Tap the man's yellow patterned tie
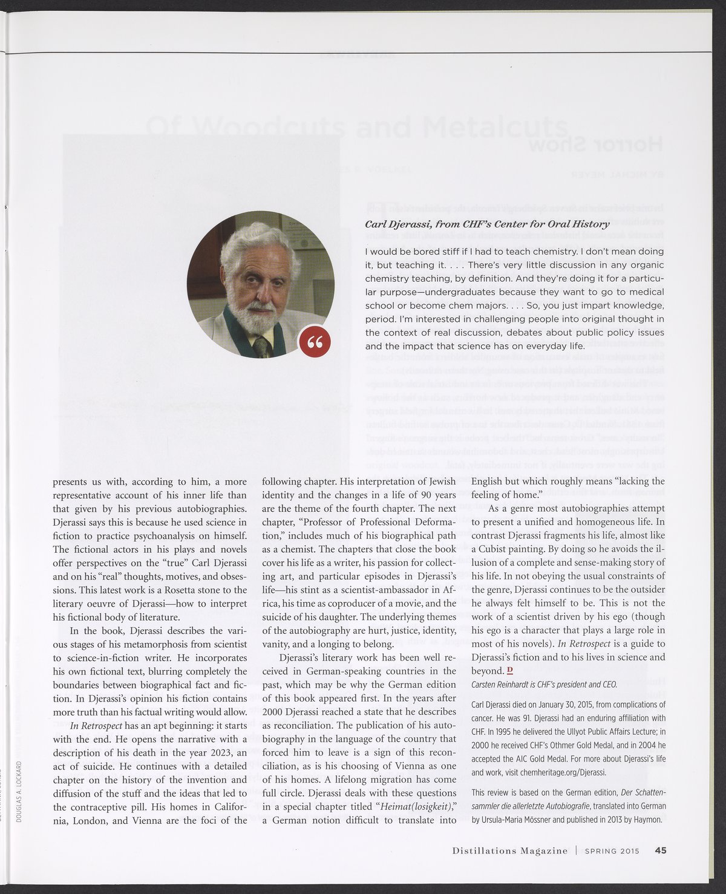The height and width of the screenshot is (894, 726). coord(261,346)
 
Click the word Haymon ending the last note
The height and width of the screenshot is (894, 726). coord(647,820)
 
